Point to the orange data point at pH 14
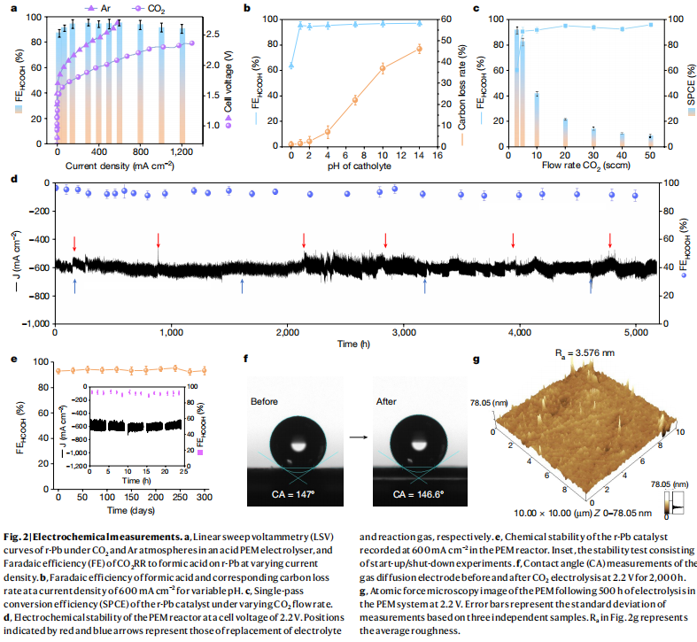pos(419,49)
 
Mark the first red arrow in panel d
pos(74,242)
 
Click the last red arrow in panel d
pos(610,240)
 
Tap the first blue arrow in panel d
pos(74,283)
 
